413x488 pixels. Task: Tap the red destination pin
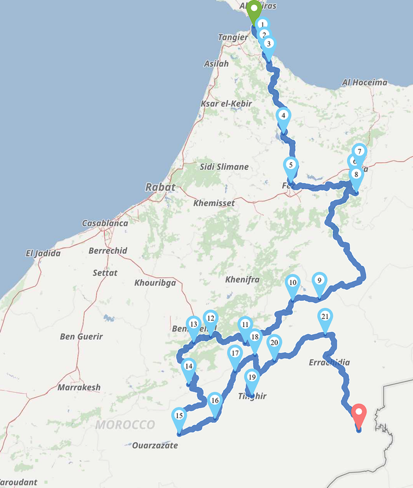(359, 415)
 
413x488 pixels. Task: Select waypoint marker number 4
(283, 117)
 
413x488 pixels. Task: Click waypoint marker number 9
(319, 281)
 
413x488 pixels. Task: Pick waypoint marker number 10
(293, 283)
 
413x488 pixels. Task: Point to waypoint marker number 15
(179, 417)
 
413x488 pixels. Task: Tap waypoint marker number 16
(214, 401)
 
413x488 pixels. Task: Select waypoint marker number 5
(291, 165)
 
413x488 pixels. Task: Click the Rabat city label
(160, 187)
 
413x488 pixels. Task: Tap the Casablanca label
(105, 223)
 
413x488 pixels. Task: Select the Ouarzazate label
(155, 445)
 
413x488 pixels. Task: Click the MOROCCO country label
(125, 425)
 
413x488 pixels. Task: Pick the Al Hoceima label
(365, 82)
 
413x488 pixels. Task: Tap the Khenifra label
(243, 279)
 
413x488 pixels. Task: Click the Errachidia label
(329, 362)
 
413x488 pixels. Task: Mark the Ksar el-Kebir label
(226, 104)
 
